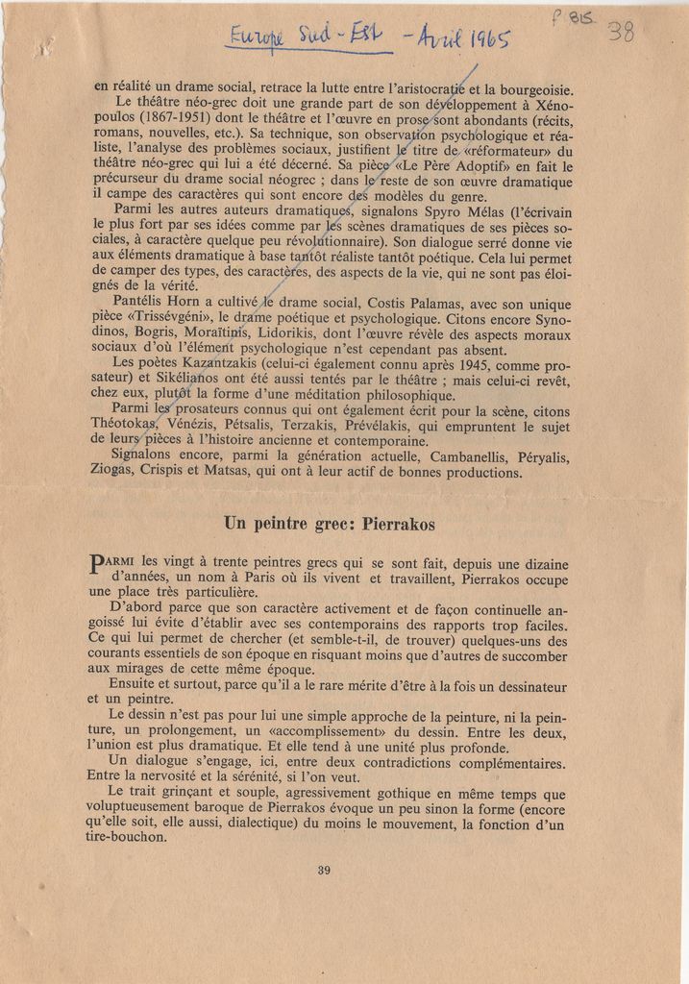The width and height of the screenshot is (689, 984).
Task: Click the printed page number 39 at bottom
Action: pyautogui.click(x=324, y=871)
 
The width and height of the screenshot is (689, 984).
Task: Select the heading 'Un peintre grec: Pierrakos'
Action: pyautogui.click(x=330, y=524)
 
